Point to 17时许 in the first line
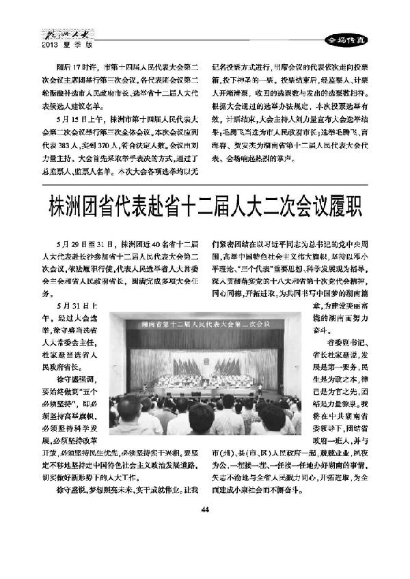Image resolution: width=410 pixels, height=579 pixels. [x=83, y=68]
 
